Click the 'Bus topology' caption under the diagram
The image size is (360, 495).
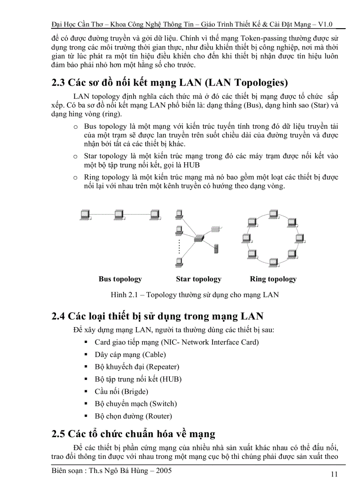point(120,279)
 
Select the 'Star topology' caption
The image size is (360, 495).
point(199,279)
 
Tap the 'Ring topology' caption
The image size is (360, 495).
point(273,279)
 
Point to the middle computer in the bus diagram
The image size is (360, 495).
point(119,215)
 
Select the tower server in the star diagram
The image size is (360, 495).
point(216,248)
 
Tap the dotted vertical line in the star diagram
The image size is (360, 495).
point(179,246)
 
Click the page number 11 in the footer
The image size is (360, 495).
point(334,474)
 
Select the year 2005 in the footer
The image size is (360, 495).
point(162,470)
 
